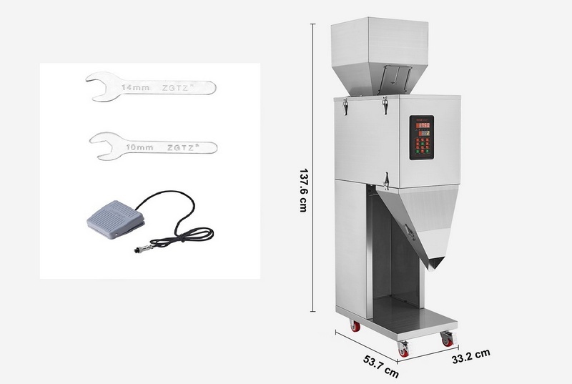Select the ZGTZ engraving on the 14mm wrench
(177, 87)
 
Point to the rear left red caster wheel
(355, 326)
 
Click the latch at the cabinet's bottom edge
(385, 180)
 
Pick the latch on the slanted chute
(409, 230)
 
